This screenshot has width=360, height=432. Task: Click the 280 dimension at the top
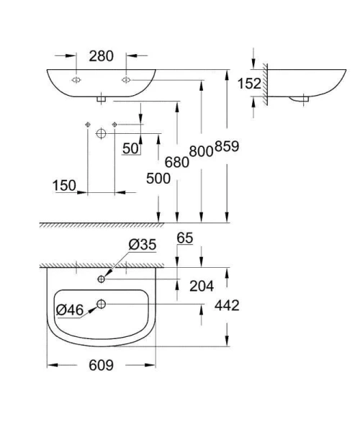pyautogui.click(x=101, y=55)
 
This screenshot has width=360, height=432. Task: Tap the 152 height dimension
pyautogui.click(x=249, y=84)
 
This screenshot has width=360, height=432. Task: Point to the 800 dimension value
pyautogui.click(x=200, y=151)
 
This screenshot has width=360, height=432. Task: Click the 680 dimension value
pyautogui.click(x=176, y=162)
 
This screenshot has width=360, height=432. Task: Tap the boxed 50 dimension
pyautogui.click(x=130, y=149)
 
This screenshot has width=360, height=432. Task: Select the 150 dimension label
pyautogui.click(x=64, y=186)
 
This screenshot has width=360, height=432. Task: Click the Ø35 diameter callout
pyautogui.click(x=143, y=246)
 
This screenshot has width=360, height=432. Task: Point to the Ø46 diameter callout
pyautogui.click(x=70, y=310)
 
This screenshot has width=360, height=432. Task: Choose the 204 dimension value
pyautogui.click(x=202, y=286)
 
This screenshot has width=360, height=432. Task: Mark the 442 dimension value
pyautogui.click(x=226, y=305)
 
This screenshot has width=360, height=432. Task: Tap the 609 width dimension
pyautogui.click(x=102, y=365)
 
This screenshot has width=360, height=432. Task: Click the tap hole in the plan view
pyautogui.click(x=102, y=279)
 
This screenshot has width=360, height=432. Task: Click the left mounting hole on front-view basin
pyautogui.click(x=76, y=79)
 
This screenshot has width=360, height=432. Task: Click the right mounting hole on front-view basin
pyautogui.click(x=126, y=79)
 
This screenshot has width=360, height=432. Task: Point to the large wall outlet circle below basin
pyautogui.click(x=101, y=134)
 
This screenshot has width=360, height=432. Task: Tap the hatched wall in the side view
pyautogui.click(x=265, y=84)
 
